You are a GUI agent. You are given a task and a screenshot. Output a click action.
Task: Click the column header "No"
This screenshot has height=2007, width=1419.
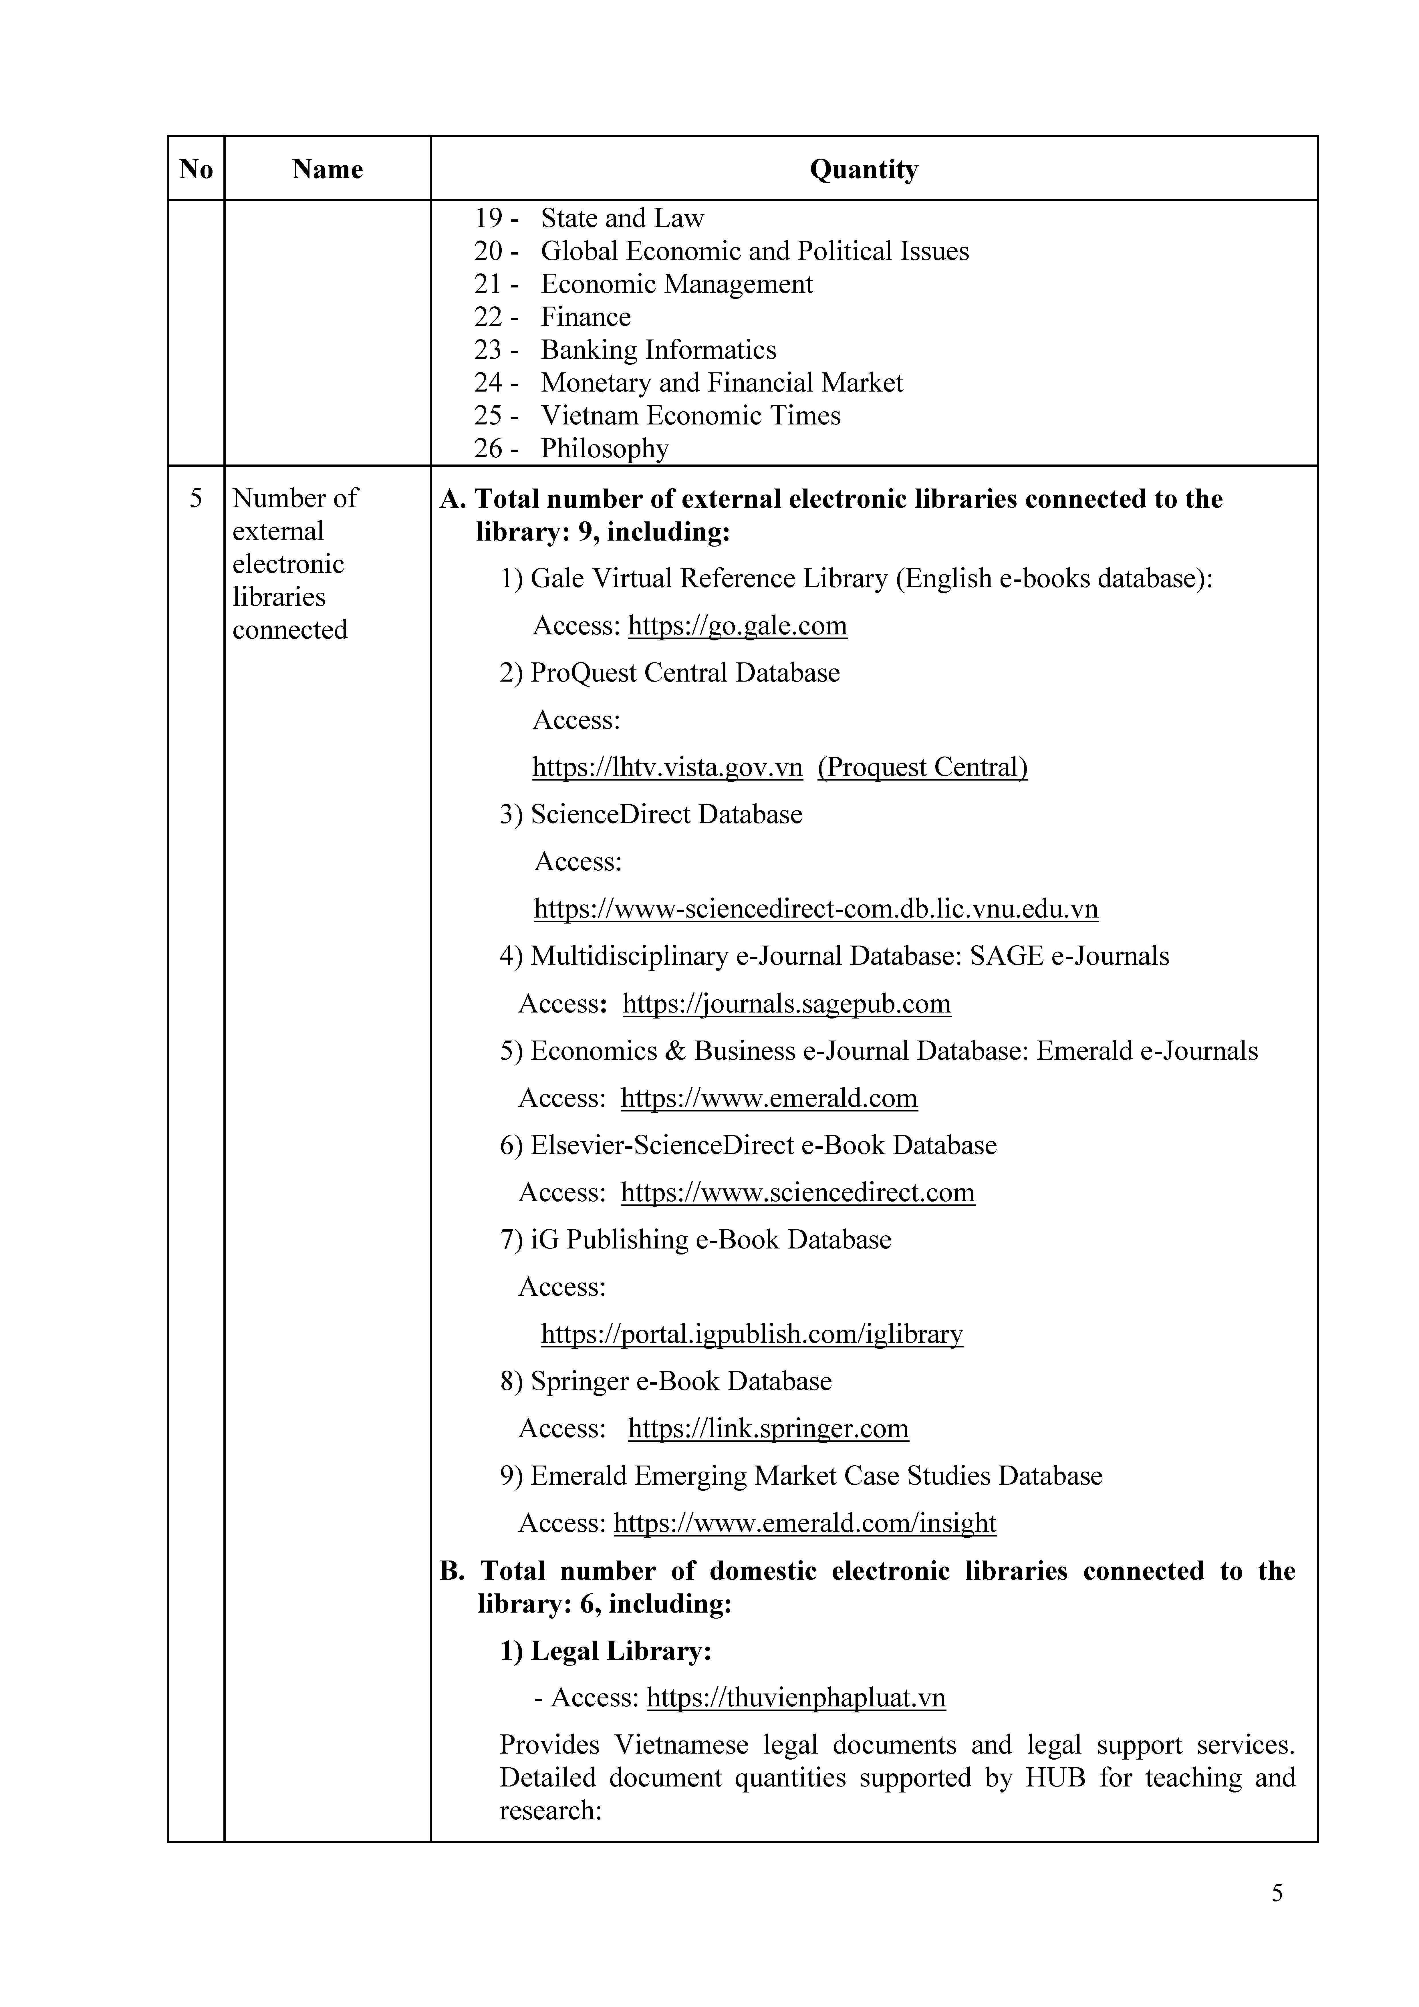(x=196, y=169)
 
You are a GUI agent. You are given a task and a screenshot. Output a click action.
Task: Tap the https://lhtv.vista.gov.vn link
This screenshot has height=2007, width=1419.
(x=667, y=767)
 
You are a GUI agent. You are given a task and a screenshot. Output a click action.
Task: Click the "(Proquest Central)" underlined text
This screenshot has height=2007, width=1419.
(x=922, y=767)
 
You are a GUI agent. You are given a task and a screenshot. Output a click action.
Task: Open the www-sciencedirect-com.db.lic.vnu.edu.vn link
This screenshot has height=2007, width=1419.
(x=816, y=909)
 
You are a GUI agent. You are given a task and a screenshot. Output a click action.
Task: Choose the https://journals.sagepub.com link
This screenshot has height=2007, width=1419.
(x=786, y=1003)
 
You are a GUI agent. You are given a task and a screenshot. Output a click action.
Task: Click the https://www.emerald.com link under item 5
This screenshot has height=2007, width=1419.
(x=769, y=1098)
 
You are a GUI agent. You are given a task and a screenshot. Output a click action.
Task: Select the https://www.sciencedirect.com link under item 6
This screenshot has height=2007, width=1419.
(x=797, y=1192)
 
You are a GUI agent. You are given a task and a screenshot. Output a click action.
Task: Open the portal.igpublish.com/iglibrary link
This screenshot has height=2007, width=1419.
(x=752, y=1334)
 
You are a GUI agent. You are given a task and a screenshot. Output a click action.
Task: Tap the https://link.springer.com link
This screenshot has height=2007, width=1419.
(x=768, y=1428)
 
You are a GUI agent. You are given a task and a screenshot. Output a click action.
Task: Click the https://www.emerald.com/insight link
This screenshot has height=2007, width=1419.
(x=804, y=1523)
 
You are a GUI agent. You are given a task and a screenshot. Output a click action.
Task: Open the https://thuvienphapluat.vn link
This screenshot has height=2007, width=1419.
(x=796, y=1698)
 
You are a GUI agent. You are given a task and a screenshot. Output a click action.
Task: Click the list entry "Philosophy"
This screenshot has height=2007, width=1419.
(x=604, y=448)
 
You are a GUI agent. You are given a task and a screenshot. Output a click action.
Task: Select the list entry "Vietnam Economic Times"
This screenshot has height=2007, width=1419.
(x=690, y=415)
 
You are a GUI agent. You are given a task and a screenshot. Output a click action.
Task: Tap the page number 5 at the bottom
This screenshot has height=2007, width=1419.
(x=1277, y=1893)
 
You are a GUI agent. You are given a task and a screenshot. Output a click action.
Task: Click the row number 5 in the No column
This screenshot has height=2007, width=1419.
(x=196, y=498)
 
